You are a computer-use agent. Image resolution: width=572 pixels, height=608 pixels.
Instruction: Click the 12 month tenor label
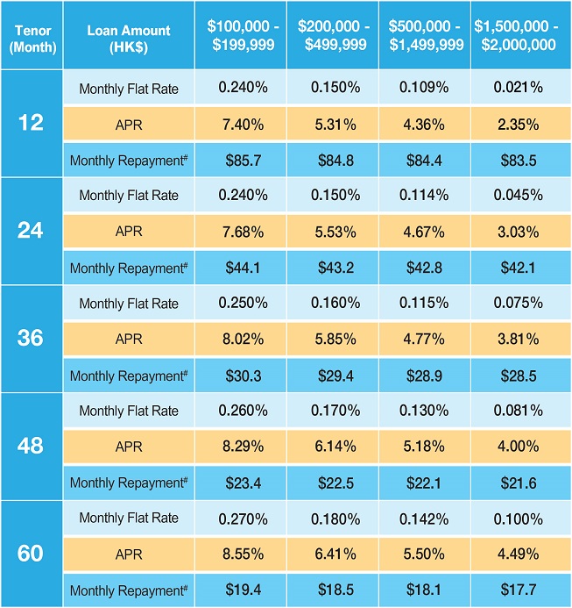(30, 123)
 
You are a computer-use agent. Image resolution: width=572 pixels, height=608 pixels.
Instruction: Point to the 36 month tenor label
(30, 338)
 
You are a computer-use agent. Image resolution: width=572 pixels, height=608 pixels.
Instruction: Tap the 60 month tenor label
(30, 554)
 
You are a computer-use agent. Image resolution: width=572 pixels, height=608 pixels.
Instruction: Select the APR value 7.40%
(240, 124)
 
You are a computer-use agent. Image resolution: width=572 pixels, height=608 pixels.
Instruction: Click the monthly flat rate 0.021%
(517, 88)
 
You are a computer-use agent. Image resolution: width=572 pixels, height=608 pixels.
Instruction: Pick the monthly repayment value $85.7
(240, 160)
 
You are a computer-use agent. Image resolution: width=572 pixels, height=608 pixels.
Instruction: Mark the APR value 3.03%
(517, 232)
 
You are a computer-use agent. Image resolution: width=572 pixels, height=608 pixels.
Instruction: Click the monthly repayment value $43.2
(332, 268)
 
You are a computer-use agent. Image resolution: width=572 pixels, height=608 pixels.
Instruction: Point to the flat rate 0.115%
(424, 304)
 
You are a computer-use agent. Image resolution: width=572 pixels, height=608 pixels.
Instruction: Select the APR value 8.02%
(240, 340)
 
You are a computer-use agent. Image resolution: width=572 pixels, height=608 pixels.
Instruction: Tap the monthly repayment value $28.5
(517, 376)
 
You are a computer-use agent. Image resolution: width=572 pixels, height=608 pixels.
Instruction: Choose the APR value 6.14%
(332, 447)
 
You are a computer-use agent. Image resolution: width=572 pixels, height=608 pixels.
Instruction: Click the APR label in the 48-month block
(128, 447)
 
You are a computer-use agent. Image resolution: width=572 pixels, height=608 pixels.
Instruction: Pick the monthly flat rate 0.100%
(517, 519)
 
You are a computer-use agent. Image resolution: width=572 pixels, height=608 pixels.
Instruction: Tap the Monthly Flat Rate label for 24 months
(128, 196)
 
